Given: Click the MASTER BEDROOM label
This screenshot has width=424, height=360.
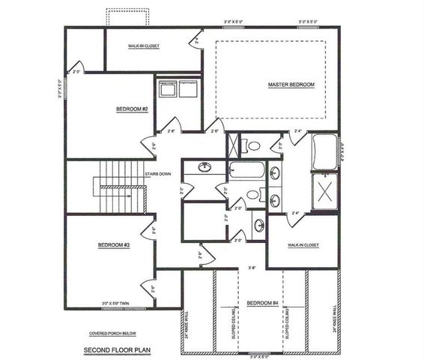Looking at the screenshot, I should click(291, 85).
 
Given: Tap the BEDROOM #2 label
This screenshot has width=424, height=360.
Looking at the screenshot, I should click(132, 109).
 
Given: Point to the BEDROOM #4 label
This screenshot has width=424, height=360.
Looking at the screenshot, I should click(263, 302).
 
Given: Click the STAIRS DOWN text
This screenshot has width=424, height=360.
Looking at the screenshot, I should click(157, 174).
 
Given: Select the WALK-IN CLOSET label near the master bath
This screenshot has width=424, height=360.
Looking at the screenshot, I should click(303, 245).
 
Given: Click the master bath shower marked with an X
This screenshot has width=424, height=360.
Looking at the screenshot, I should click(324, 187).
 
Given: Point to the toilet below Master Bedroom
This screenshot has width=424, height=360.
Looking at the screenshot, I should click(252, 145).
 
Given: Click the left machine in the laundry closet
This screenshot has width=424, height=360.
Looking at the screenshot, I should click(168, 88).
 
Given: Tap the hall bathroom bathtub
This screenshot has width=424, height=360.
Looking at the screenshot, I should click(246, 169).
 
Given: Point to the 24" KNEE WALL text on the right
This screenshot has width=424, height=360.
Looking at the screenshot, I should click(333, 318).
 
